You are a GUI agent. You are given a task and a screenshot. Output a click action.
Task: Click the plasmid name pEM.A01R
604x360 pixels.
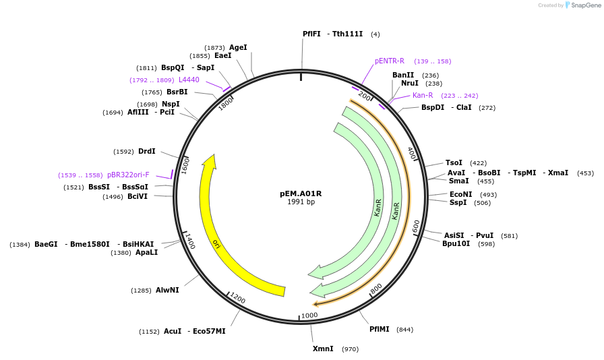point(301,193)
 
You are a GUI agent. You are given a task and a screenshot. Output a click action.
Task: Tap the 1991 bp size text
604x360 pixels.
point(301,202)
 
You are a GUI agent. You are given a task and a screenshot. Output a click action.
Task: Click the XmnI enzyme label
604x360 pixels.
point(323,349)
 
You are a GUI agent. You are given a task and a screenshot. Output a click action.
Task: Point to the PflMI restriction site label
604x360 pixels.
point(380,329)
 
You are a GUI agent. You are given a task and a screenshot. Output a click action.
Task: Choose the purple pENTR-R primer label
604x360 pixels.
point(390,61)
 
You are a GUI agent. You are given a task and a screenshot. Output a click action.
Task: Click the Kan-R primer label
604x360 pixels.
point(423,95)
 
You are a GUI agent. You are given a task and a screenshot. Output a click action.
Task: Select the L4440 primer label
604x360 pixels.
point(189,80)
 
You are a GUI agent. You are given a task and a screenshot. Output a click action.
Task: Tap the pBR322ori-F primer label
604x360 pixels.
point(128,175)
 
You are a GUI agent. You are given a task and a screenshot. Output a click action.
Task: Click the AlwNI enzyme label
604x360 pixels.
point(167,290)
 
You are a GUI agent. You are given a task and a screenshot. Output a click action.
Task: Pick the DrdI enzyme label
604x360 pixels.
point(147,151)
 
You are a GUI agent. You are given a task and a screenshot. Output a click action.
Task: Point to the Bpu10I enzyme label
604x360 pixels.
point(456,244)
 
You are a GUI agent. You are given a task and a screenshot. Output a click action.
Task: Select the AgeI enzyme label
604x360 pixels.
point(238,47)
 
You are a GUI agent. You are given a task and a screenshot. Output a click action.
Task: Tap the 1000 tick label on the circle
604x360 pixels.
point(309,316)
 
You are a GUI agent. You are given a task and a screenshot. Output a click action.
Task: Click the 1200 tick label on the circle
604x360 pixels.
point(237,298)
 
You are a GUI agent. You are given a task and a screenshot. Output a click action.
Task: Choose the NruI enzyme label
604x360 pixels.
point(410,83)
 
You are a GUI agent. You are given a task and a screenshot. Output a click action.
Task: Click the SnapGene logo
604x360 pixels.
point(583,5)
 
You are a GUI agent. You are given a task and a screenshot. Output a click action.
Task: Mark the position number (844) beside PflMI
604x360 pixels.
point(405,330)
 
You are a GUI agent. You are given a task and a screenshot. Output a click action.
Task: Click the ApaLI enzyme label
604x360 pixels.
point(146,253)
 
